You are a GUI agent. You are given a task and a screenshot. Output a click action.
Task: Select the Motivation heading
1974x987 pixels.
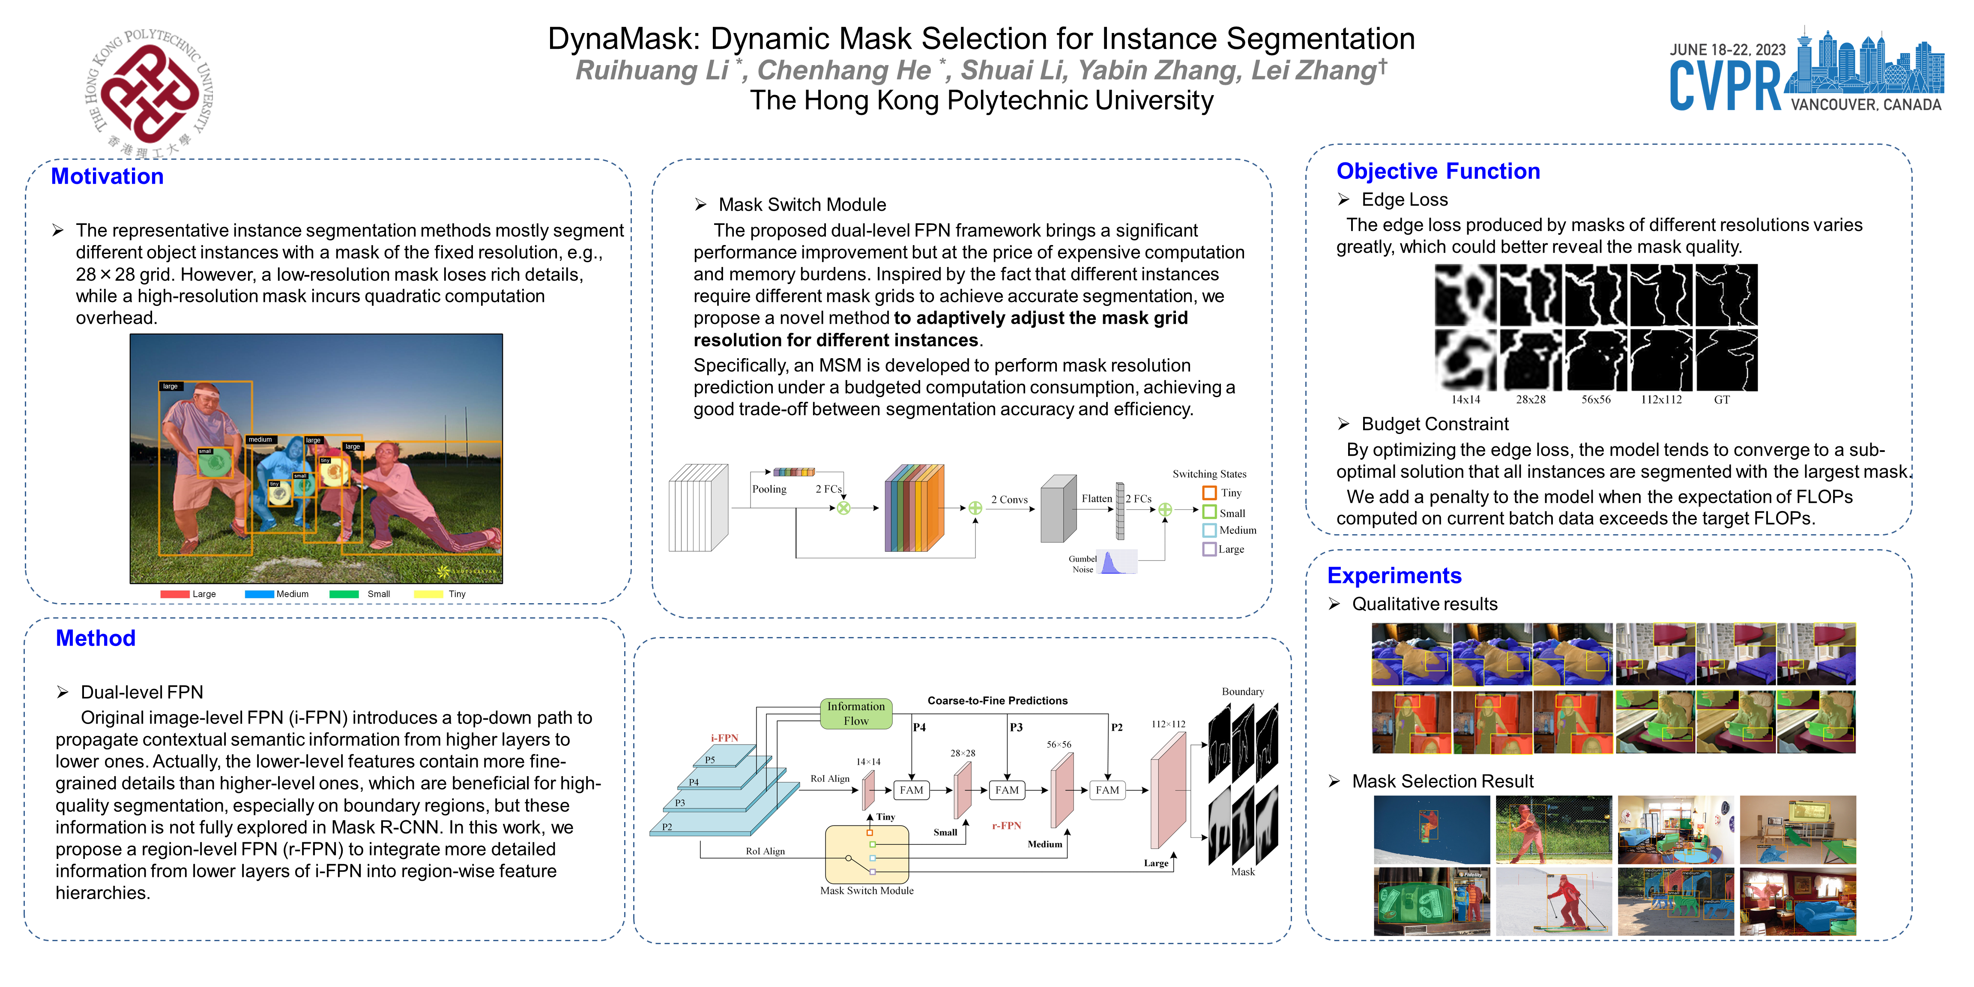click(107, 176)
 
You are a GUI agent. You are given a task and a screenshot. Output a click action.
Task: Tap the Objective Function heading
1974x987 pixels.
click(1438, 171)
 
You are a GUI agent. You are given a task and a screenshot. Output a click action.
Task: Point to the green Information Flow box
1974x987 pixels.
click(856, 713)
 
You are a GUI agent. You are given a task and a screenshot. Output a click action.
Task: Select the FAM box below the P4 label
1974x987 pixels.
click(911, 790)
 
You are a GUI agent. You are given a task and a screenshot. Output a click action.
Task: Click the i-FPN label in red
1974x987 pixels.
click(724, 738)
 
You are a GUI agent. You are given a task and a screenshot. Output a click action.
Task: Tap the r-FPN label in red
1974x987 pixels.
click(1006, 825)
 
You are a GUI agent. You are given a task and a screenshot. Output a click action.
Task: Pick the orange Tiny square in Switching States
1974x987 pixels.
click(1209, 493)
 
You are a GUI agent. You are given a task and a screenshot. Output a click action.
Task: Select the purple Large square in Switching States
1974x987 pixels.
click(1209, 549)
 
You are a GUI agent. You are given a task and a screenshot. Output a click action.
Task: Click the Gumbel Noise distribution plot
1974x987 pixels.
click(1116, 562)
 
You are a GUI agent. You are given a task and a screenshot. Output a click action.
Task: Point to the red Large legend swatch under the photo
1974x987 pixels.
click(175, 594)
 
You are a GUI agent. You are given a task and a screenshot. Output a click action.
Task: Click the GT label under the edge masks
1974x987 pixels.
click(1721, 399)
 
